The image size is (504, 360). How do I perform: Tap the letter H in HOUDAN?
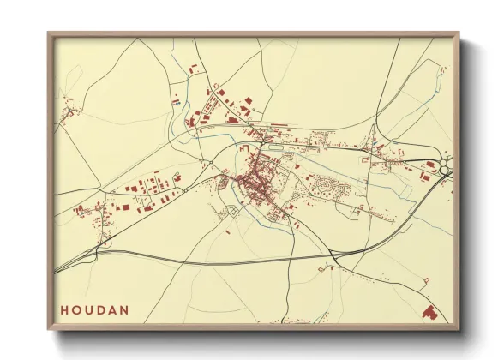[x=64, y=310]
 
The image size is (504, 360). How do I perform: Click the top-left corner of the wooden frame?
[x=48, y=33]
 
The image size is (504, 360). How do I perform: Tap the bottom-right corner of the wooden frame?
[x=458, y=330]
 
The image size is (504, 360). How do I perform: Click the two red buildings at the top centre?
[x=193, y=67]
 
